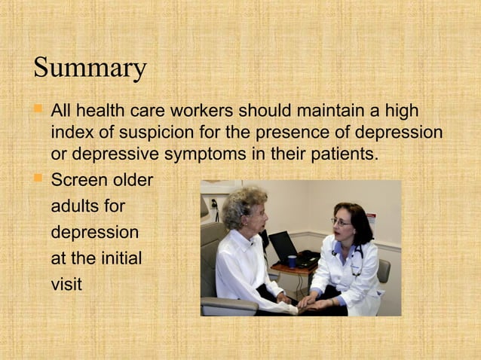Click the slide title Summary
click(x=90, y=68)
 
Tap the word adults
click(x=76, y=206)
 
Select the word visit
click(x=66, y=285)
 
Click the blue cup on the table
click(x=292, y=262)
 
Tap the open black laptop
click(x=285, y=247)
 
